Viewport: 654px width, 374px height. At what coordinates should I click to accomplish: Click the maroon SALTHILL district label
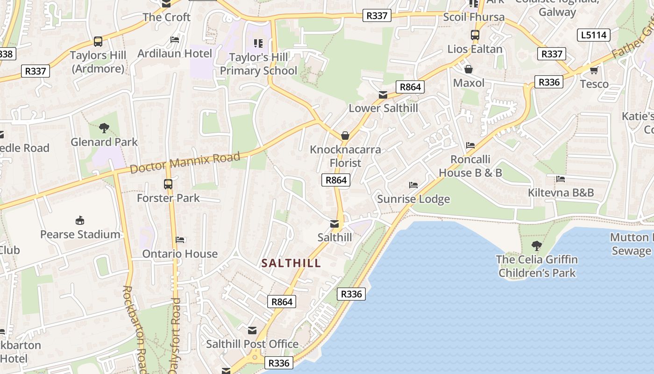pos(291,263)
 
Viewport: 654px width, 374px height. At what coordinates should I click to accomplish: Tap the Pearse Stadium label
pos(80,234)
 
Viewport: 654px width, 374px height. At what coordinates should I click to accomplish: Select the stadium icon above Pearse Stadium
pos(80,220)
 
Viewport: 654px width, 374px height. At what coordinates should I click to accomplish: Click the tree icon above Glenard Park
pos(104,128)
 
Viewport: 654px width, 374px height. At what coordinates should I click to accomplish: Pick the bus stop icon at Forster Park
pos(168,184)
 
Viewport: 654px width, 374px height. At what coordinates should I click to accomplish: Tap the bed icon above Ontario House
pos(180,240)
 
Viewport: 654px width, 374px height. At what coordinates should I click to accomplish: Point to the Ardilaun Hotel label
pos(175,53)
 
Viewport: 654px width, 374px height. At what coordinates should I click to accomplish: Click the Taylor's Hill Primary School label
pos(258,64)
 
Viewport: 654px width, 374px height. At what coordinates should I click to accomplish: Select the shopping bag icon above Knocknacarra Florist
pos(345,136)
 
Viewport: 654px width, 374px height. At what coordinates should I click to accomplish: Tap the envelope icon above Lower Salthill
pos(383,95)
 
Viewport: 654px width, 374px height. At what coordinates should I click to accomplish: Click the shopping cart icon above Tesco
pos(594,70)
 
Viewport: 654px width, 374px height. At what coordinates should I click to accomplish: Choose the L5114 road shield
pos(594,35)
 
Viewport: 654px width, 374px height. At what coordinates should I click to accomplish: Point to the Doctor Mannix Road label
pos(185,162)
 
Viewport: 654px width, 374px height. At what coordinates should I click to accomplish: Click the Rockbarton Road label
pos(135,327)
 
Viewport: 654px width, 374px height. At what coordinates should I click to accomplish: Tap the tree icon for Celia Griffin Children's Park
pos(537,245)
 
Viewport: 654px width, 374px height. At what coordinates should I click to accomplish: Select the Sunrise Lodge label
pos(413,199)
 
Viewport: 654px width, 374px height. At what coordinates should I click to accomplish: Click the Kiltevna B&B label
pos(561,193)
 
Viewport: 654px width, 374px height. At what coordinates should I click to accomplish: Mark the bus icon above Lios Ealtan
pos(475,35)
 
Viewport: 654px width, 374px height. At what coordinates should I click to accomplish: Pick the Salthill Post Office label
pos(252,344)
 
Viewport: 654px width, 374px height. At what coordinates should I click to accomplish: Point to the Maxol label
pos(469,83)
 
